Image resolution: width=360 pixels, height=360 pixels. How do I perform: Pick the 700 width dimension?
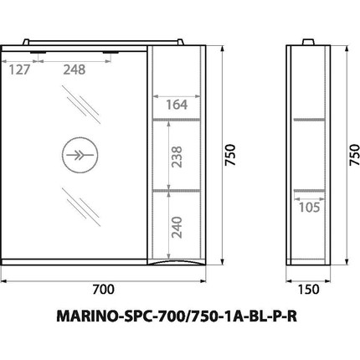(102, 291)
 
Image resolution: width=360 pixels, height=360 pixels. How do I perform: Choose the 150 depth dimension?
(309, 291)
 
